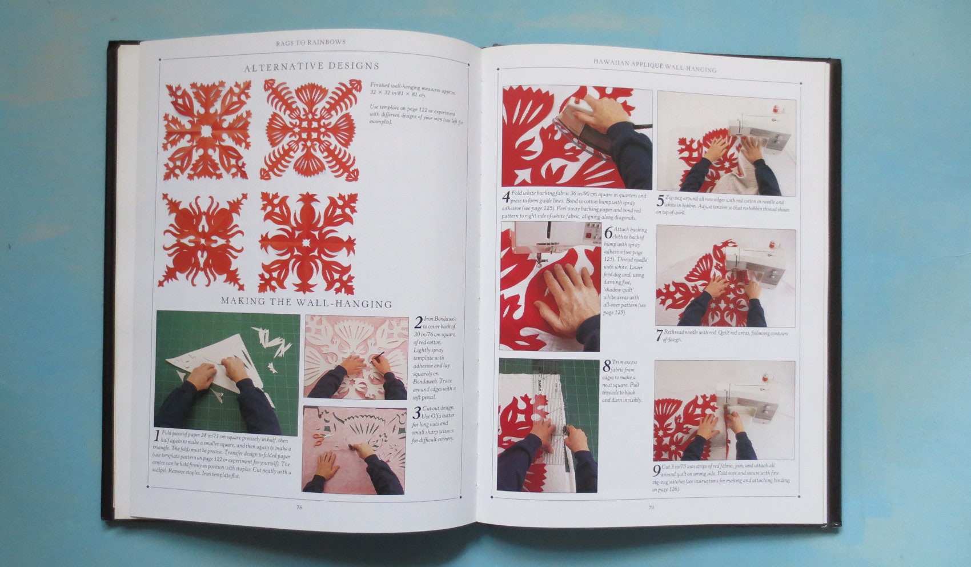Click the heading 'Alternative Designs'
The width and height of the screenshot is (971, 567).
coord(311,67)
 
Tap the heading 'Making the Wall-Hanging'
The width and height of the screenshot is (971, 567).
coord(306,303)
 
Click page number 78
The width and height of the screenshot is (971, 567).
coord(299,507)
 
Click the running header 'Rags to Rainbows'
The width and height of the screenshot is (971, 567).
coord(311,42)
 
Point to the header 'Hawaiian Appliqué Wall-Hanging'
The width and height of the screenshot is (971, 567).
coord(654,65)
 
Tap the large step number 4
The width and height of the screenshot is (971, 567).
coord(506,198)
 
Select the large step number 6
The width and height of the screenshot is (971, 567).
coord(608,232)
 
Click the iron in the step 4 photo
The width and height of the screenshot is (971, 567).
coord(577,123)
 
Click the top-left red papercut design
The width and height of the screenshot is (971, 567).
coord(207,130)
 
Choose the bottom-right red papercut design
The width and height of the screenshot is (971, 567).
coord(308,242)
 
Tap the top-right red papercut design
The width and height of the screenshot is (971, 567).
coord(311,130)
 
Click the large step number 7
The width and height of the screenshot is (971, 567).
coord(659,336)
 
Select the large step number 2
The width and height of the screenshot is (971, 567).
coord(419,322)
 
